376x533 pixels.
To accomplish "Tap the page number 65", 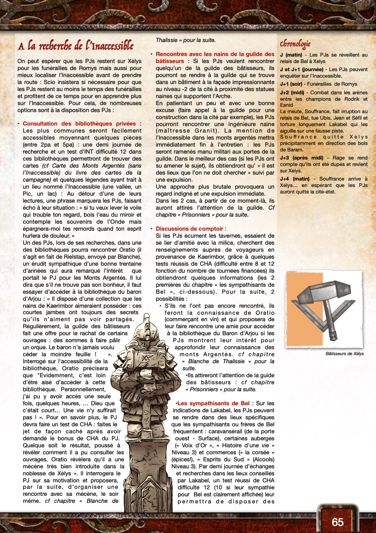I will click(338, 522).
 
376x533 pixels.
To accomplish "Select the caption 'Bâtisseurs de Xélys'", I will click(345, 354).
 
